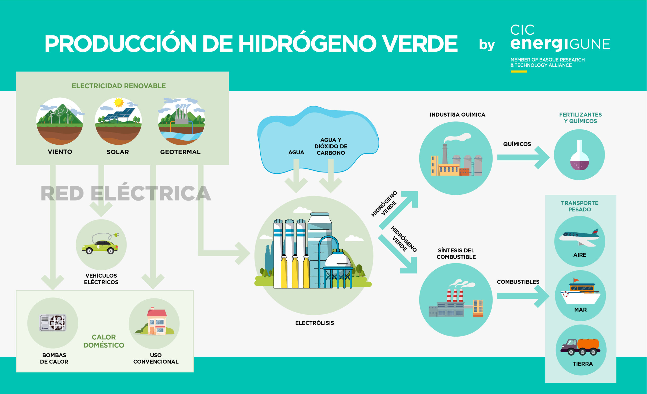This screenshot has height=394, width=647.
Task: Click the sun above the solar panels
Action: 119,102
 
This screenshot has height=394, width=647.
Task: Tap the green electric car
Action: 100,247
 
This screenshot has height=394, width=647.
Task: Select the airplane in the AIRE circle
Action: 579,238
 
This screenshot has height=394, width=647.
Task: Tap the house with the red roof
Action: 156,321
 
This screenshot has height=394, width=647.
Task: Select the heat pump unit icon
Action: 53,322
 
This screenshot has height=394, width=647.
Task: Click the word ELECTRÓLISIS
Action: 314,323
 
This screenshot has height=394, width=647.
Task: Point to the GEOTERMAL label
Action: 180,152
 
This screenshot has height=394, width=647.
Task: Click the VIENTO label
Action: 60,152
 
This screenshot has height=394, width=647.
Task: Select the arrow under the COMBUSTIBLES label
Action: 523,296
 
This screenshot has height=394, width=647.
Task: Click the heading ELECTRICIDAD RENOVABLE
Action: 119,86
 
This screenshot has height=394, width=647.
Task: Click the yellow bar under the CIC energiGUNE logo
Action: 519,72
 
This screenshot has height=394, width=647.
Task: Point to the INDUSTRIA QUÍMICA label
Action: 457,115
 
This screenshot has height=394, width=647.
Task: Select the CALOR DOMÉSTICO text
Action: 104,341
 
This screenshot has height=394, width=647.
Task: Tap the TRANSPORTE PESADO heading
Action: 580,206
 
